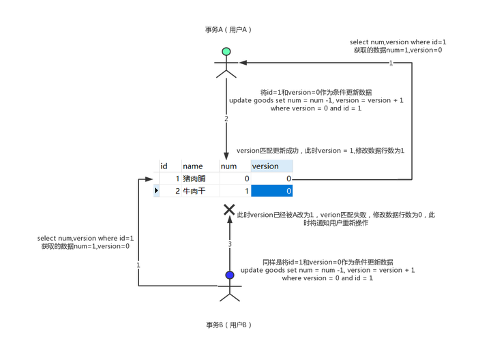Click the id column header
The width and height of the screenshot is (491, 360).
pos(164,166)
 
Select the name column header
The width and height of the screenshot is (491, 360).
pos(193,166)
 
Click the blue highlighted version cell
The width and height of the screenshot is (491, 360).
pos(271,191)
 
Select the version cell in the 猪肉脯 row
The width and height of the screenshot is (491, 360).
pos(271,179)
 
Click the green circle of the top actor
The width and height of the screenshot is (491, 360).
pos(226,52)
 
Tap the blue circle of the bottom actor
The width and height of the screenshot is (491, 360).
pos(230,275)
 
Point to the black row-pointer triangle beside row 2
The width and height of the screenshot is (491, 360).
pos(157,191)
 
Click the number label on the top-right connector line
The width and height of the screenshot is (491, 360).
pos(391,63)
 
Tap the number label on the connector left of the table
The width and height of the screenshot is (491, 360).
pos(138,263)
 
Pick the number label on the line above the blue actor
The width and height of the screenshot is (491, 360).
pos(230,243)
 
